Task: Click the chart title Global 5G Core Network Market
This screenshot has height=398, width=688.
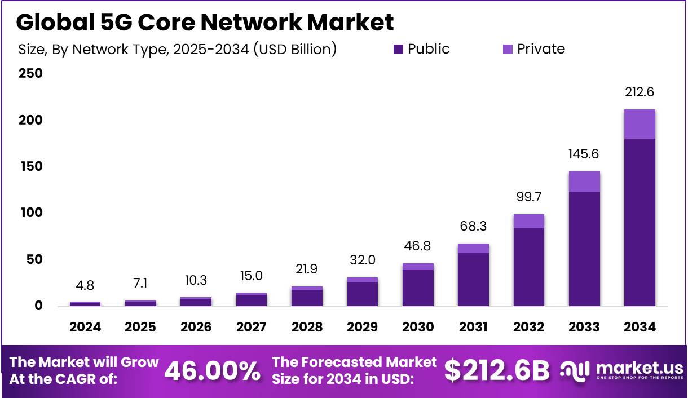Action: click(x=205, y=22)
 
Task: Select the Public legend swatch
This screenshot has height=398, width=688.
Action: click(x=398, y=50)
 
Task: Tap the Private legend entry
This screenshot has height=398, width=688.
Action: click(x=533, y=49)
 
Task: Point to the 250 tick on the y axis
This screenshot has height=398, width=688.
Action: click(x=30, y=74)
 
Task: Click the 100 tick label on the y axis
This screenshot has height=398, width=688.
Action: click(x=30, y=213)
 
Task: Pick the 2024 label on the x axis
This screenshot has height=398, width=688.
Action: click(x=85, y=328)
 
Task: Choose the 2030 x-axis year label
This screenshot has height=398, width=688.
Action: click(x=418, y=328)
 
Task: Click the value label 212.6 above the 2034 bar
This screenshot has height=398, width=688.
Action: click(x=639, y=92)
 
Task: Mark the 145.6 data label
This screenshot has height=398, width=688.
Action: click(x=584, y=154)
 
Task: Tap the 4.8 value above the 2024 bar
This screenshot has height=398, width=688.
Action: click(x=85, y=285)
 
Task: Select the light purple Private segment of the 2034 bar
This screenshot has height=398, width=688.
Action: click(x=639, y=124)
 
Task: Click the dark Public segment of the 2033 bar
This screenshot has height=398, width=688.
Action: click(x=584, y=249)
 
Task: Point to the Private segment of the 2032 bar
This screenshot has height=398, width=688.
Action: click(x=528, y=221)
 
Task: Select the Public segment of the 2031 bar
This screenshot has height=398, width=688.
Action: click(x=473, y=280)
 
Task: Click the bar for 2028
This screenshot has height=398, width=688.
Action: click(x=307, y=297)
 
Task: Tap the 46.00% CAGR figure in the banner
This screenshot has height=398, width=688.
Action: click(x=213, y=370)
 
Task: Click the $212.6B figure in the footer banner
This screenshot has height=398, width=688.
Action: click(x=496, y=370)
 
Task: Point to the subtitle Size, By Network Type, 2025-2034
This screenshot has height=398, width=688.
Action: click(x=177, y=50)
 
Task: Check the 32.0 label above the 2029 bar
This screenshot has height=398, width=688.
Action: click(x=362, y=260)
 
